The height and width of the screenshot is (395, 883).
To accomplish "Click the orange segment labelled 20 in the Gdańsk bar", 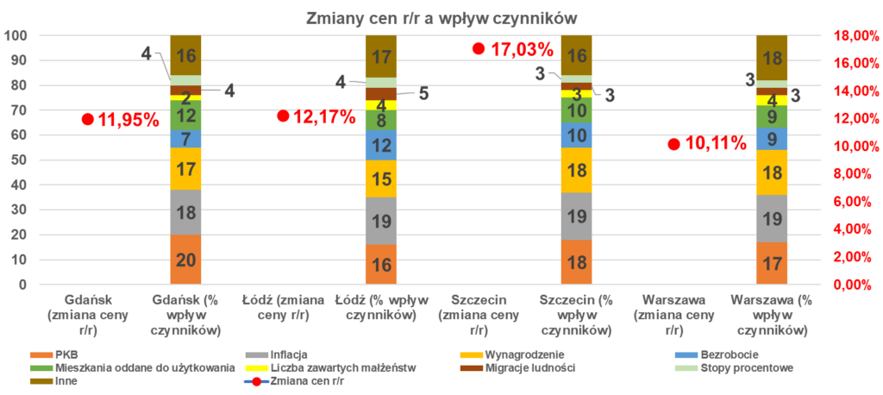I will click(x=185, y=259).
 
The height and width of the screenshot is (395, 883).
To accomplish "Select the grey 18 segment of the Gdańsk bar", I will click(x=185, y=212).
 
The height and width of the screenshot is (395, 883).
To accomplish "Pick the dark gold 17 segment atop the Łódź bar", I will click(x=380, y=57).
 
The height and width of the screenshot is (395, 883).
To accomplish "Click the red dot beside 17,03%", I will click(x=479, y=48).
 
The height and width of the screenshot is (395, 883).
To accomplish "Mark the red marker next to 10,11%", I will click(x=673, y=144).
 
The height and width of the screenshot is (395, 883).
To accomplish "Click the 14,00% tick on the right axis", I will click(x=855, y=91).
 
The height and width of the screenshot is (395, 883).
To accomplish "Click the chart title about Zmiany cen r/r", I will click(x=441, y=16).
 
